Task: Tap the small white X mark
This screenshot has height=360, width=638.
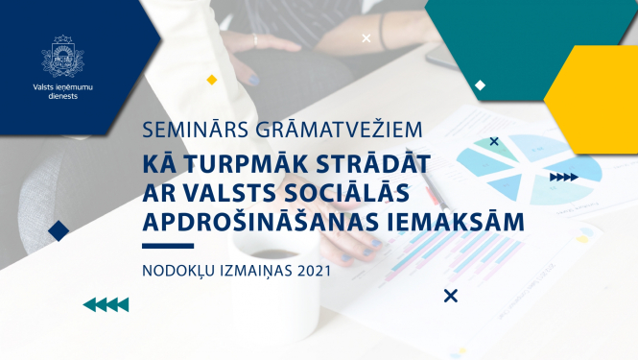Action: [366, 39]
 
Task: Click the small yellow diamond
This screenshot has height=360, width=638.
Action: [212, 80]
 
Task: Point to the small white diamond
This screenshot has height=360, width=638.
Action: [480, 85]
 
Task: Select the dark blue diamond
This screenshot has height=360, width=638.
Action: [59, 230]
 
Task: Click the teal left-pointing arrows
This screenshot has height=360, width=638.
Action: [106, 305]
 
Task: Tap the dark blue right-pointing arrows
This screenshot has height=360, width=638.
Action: [563, 177]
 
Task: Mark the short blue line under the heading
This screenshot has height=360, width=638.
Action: [167, 247]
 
